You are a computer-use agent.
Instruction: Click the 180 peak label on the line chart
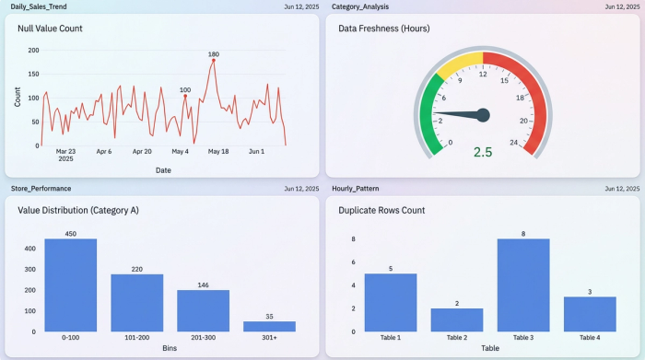click(214, 54)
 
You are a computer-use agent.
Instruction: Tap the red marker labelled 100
click(185, 96)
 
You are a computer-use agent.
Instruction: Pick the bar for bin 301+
click(270, 326)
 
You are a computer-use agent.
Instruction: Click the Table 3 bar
click(523, 285)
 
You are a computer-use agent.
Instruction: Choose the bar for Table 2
click(457, 319)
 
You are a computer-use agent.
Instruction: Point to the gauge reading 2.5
click(483, 152)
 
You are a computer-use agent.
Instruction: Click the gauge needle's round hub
click(483, 115)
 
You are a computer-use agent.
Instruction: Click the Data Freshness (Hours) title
click(383, 29)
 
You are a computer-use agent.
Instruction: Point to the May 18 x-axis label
click(218, 151)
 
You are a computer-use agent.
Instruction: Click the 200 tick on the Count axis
click(34, 50)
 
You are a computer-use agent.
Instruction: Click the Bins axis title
click(170, 348)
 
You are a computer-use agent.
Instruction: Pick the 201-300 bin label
click(204, 338)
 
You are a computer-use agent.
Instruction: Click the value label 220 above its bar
click(137, 269)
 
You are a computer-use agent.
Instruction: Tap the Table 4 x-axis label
click(590, 338)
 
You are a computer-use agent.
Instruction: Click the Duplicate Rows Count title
click(381, 210)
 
